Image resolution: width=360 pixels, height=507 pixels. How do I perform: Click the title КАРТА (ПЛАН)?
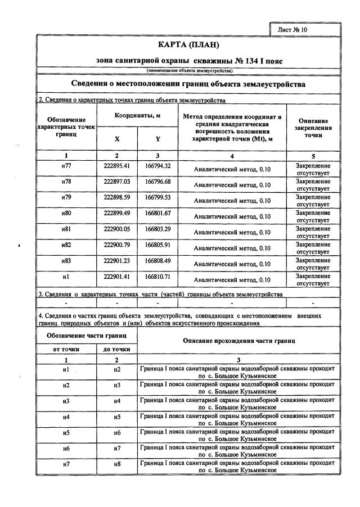[x=188, y=45]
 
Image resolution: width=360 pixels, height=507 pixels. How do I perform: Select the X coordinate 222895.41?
[x=117, y=166]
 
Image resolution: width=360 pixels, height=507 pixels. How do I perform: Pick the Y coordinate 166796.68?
[x=157, y=182]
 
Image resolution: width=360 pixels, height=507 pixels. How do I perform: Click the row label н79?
[x=66, y=198]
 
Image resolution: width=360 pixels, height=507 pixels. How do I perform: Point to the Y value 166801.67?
[x=157, y=214]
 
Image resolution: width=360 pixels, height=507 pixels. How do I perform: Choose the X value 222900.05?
[x=117, y=229]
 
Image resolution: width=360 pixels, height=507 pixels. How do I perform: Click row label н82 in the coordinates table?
[x=66, y=245]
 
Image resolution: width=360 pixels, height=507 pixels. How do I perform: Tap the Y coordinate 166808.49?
[x=157, y=261]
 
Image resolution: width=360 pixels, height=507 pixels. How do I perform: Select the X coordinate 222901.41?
[x=117, y=277]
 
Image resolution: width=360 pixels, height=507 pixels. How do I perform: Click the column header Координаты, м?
[x=138, y=115]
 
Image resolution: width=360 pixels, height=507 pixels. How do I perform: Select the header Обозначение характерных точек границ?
[x=66, y=128]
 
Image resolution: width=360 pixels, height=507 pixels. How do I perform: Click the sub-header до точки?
[x=117, y=349]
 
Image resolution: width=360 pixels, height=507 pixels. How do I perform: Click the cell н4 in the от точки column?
[x=66, y=417]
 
